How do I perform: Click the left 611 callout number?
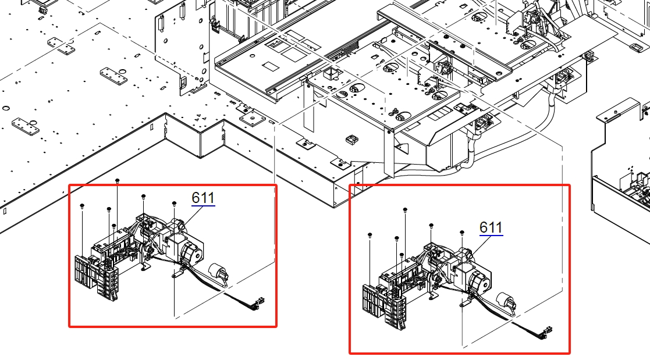(x=203, y=198)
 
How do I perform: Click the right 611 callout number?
(x=491, y=227)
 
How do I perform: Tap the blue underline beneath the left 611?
(x=203, y=205)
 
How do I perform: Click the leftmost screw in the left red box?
(x=83, y=205)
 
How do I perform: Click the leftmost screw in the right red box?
(x=370, y=235)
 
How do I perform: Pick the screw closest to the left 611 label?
(x=174, y=204)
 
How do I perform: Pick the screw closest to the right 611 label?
(x=461, y=233)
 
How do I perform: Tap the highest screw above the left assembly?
(x=118, y=180)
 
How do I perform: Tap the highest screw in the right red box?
(x=405, y=209)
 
